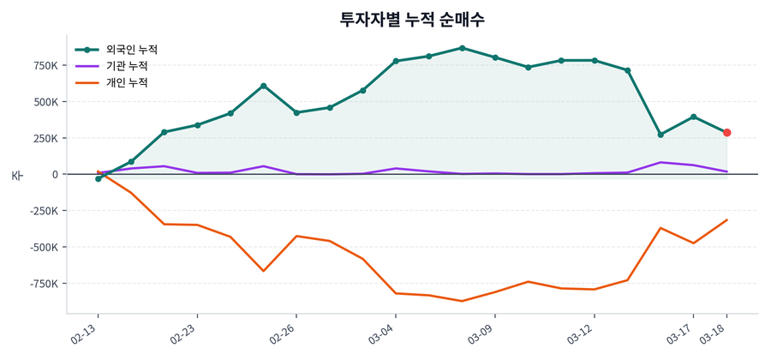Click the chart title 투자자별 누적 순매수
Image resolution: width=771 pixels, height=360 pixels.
(x=412, y=19)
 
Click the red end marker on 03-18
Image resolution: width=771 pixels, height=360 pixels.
(x=726, y=133)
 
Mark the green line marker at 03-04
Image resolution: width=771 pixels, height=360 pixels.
(x=396, y=61)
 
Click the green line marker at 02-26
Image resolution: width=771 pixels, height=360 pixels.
(x=296, y=112)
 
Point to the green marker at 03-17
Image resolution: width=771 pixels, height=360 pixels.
(x=693, y=117)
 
